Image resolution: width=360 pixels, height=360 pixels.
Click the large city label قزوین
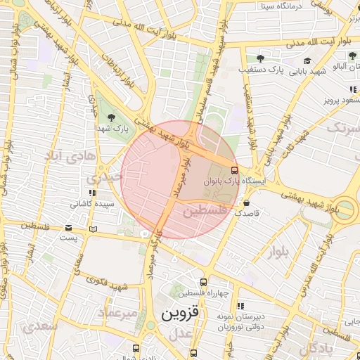tap(181, 313)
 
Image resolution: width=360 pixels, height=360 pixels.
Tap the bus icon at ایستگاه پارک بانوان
tap(234, 169)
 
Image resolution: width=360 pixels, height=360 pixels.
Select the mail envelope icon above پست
tap(68, 228)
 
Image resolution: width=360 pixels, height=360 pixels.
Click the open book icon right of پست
tap(94, 229)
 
